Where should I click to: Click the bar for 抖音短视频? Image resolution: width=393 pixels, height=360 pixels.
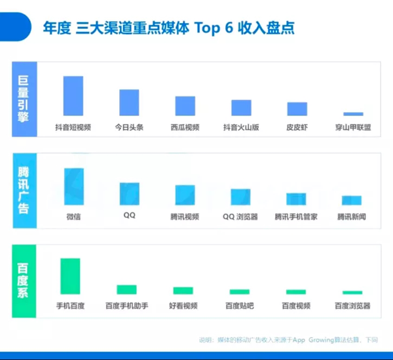[73, 96]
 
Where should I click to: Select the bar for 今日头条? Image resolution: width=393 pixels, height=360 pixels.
[129, 102]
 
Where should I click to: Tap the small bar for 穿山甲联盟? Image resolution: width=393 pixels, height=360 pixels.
[353, 114]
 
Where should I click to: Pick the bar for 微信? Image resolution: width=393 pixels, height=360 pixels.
[73, 187]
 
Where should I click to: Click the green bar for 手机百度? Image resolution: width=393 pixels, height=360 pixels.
[70, 276]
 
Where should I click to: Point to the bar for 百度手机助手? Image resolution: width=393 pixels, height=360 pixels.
[126, 289]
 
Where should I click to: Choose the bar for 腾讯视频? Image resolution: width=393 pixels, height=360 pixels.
[185, 195]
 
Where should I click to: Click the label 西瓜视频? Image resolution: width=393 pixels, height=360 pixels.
[185, 128]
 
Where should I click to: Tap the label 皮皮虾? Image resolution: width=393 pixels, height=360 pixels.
[297, 128]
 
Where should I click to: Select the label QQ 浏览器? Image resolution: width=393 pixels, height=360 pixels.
[240, 216]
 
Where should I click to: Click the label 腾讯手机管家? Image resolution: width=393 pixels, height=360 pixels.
[296, 216]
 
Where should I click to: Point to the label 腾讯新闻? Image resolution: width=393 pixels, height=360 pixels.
[352, 216]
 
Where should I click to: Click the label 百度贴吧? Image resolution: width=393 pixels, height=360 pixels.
[239, 306]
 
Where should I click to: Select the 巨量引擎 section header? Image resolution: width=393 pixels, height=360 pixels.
[24, 99]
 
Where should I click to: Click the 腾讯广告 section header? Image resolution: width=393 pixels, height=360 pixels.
[24, 190]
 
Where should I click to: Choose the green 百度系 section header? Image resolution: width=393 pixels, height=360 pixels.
[24, 281]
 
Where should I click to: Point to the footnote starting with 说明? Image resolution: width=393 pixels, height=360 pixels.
[288, 340]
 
